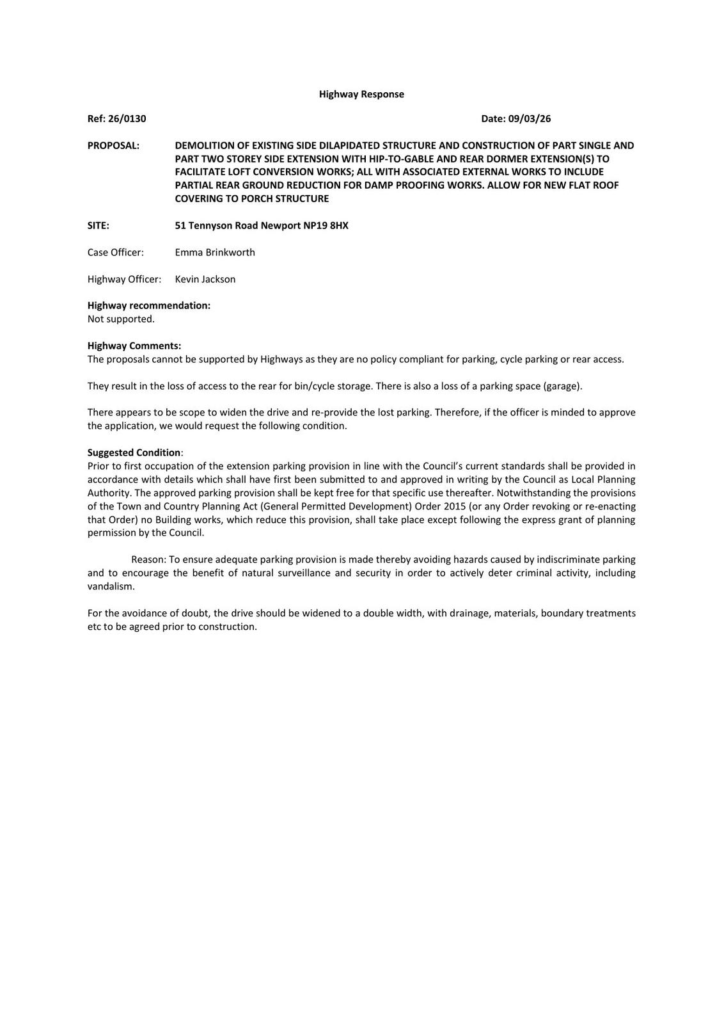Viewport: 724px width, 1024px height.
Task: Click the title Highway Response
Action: (x=361, y=94)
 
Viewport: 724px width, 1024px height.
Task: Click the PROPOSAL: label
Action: (x=113, y=145)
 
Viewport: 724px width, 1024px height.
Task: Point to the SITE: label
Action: (x=98, y=225)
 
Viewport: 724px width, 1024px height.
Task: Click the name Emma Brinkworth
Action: (x=215, y=252)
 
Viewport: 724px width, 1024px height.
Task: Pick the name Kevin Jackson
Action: (x=205, y=279)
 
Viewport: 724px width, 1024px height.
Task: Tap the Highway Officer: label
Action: (x=124, y=279)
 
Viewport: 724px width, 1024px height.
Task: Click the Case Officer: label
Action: (x=116, y=252)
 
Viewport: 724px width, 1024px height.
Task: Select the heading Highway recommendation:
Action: (x=149, y=305)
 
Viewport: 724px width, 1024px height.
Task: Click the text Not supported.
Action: (x=121, y=319)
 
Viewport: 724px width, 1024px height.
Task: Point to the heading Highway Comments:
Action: (x=134, y=346)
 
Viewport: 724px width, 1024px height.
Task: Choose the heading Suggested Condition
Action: (x=134, y=452)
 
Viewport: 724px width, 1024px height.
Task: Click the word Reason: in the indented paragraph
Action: (x=148, y=559)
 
